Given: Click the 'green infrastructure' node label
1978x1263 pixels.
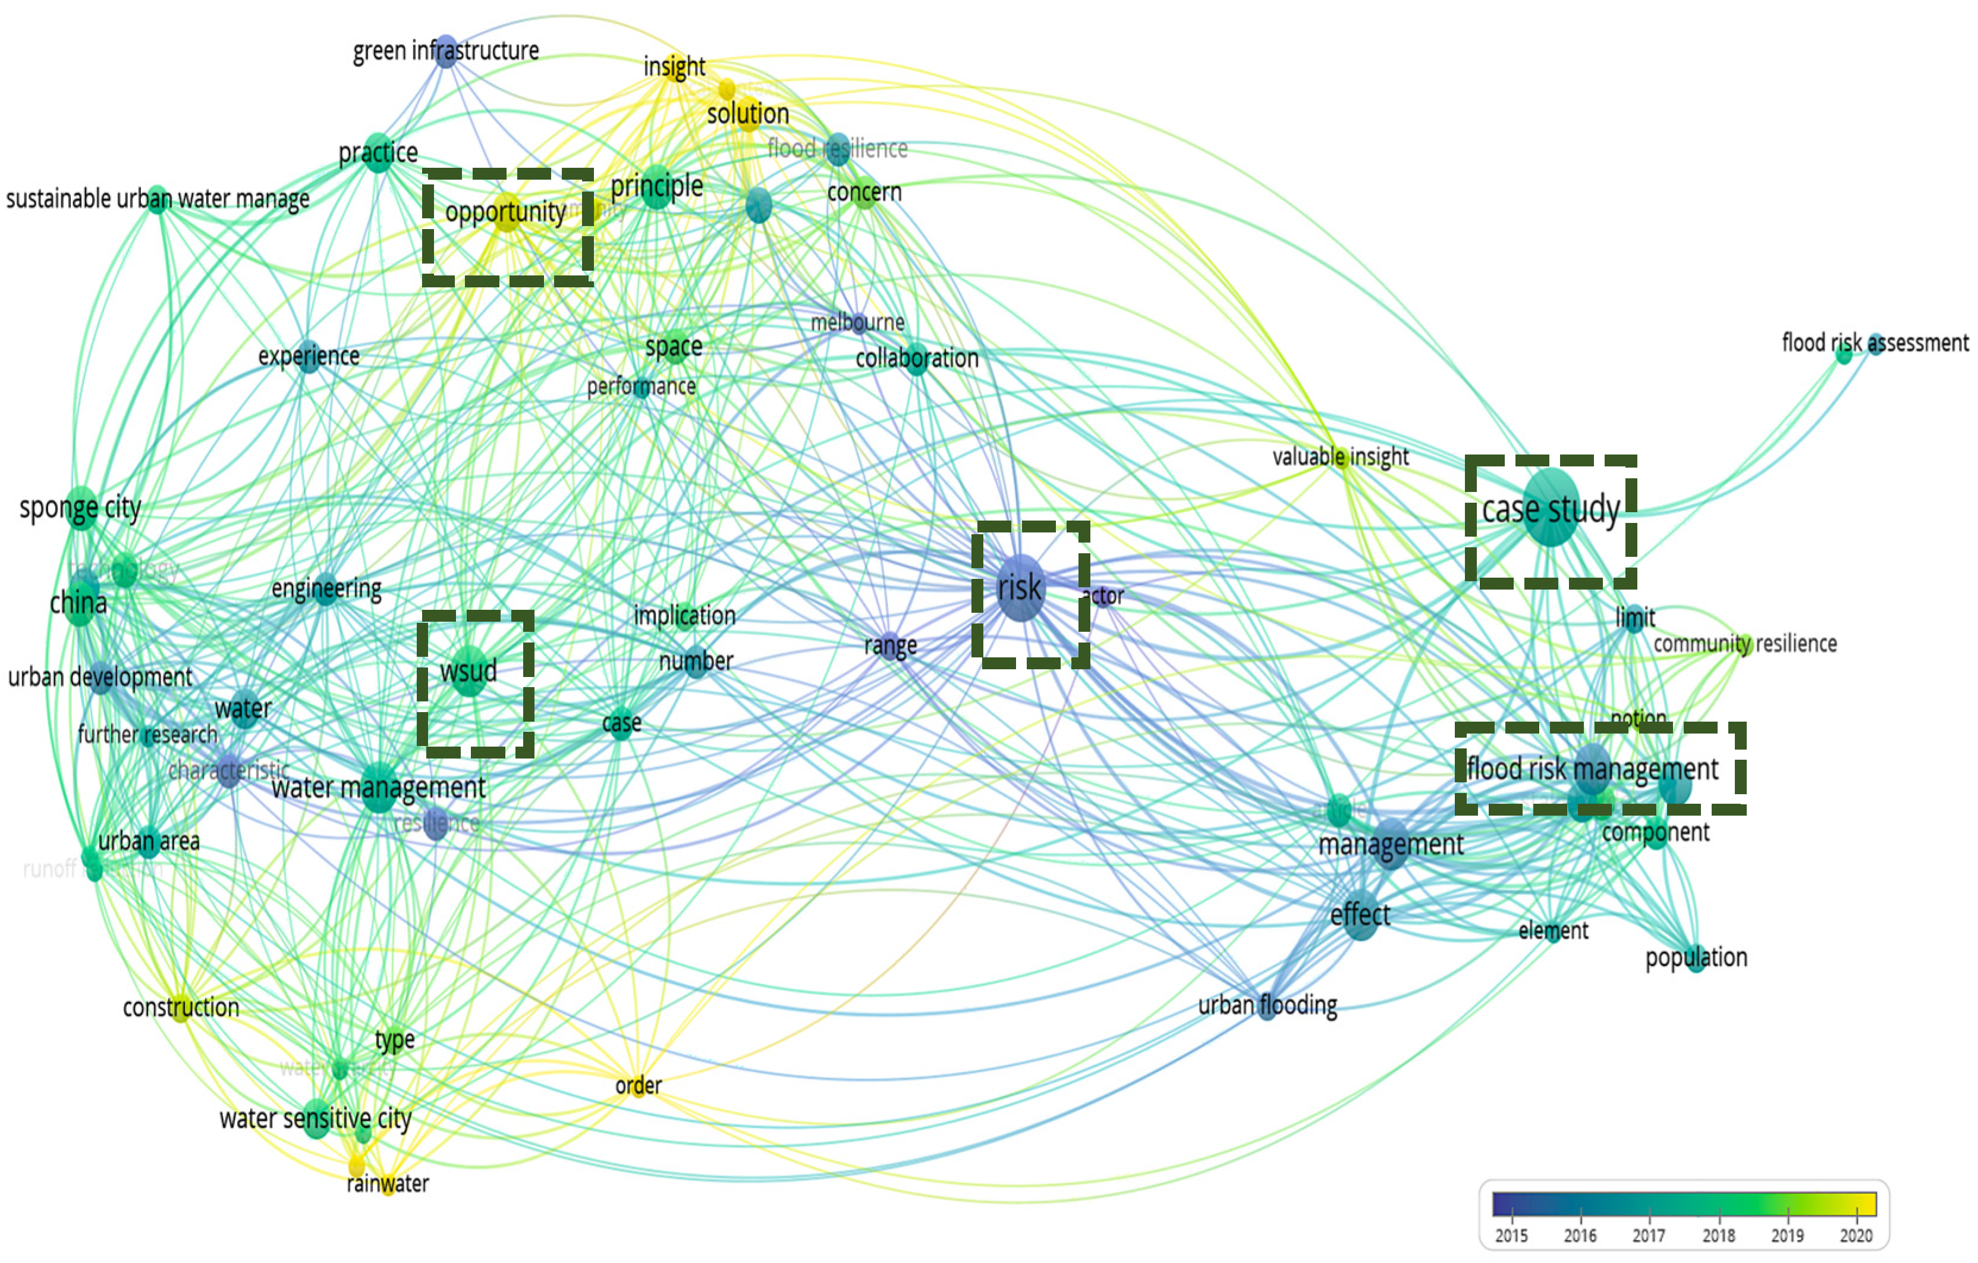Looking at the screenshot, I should click(x=445, y=51).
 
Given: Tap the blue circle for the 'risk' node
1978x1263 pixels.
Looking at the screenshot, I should click(x=1020, y=588).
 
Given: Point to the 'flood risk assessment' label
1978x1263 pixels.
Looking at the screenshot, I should click(x=1875, y=343).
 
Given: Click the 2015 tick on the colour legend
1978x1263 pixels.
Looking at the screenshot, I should click(x=1511, y=1235).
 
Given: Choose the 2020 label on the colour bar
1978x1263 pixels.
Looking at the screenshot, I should click(x=1855, y=1235).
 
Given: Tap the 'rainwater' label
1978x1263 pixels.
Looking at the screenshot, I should click(x=388, y=1183).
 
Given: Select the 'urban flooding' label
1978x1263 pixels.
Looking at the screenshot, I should click(x=1268, y=1005).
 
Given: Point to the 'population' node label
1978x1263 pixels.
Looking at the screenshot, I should click(x=1696, y=957).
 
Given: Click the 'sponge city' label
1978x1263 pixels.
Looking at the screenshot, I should click(x=80, y=508).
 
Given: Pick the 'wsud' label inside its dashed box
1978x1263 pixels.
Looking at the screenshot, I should click(x=468, y=671).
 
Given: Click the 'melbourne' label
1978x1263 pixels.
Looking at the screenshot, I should click(x=857, y=322).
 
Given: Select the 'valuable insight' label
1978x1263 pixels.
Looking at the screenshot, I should click(x=1341, y=457).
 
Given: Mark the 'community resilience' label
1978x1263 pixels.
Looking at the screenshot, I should click(x=1745, y=644).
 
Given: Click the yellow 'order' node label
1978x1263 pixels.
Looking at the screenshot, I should click(x=639, y=1086).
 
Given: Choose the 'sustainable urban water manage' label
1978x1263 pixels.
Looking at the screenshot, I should click(x=158, y=199).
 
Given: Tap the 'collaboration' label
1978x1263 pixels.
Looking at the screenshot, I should click(x=917, y=358).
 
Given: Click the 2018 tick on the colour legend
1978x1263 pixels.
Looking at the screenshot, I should click(x=1718, y=1235).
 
